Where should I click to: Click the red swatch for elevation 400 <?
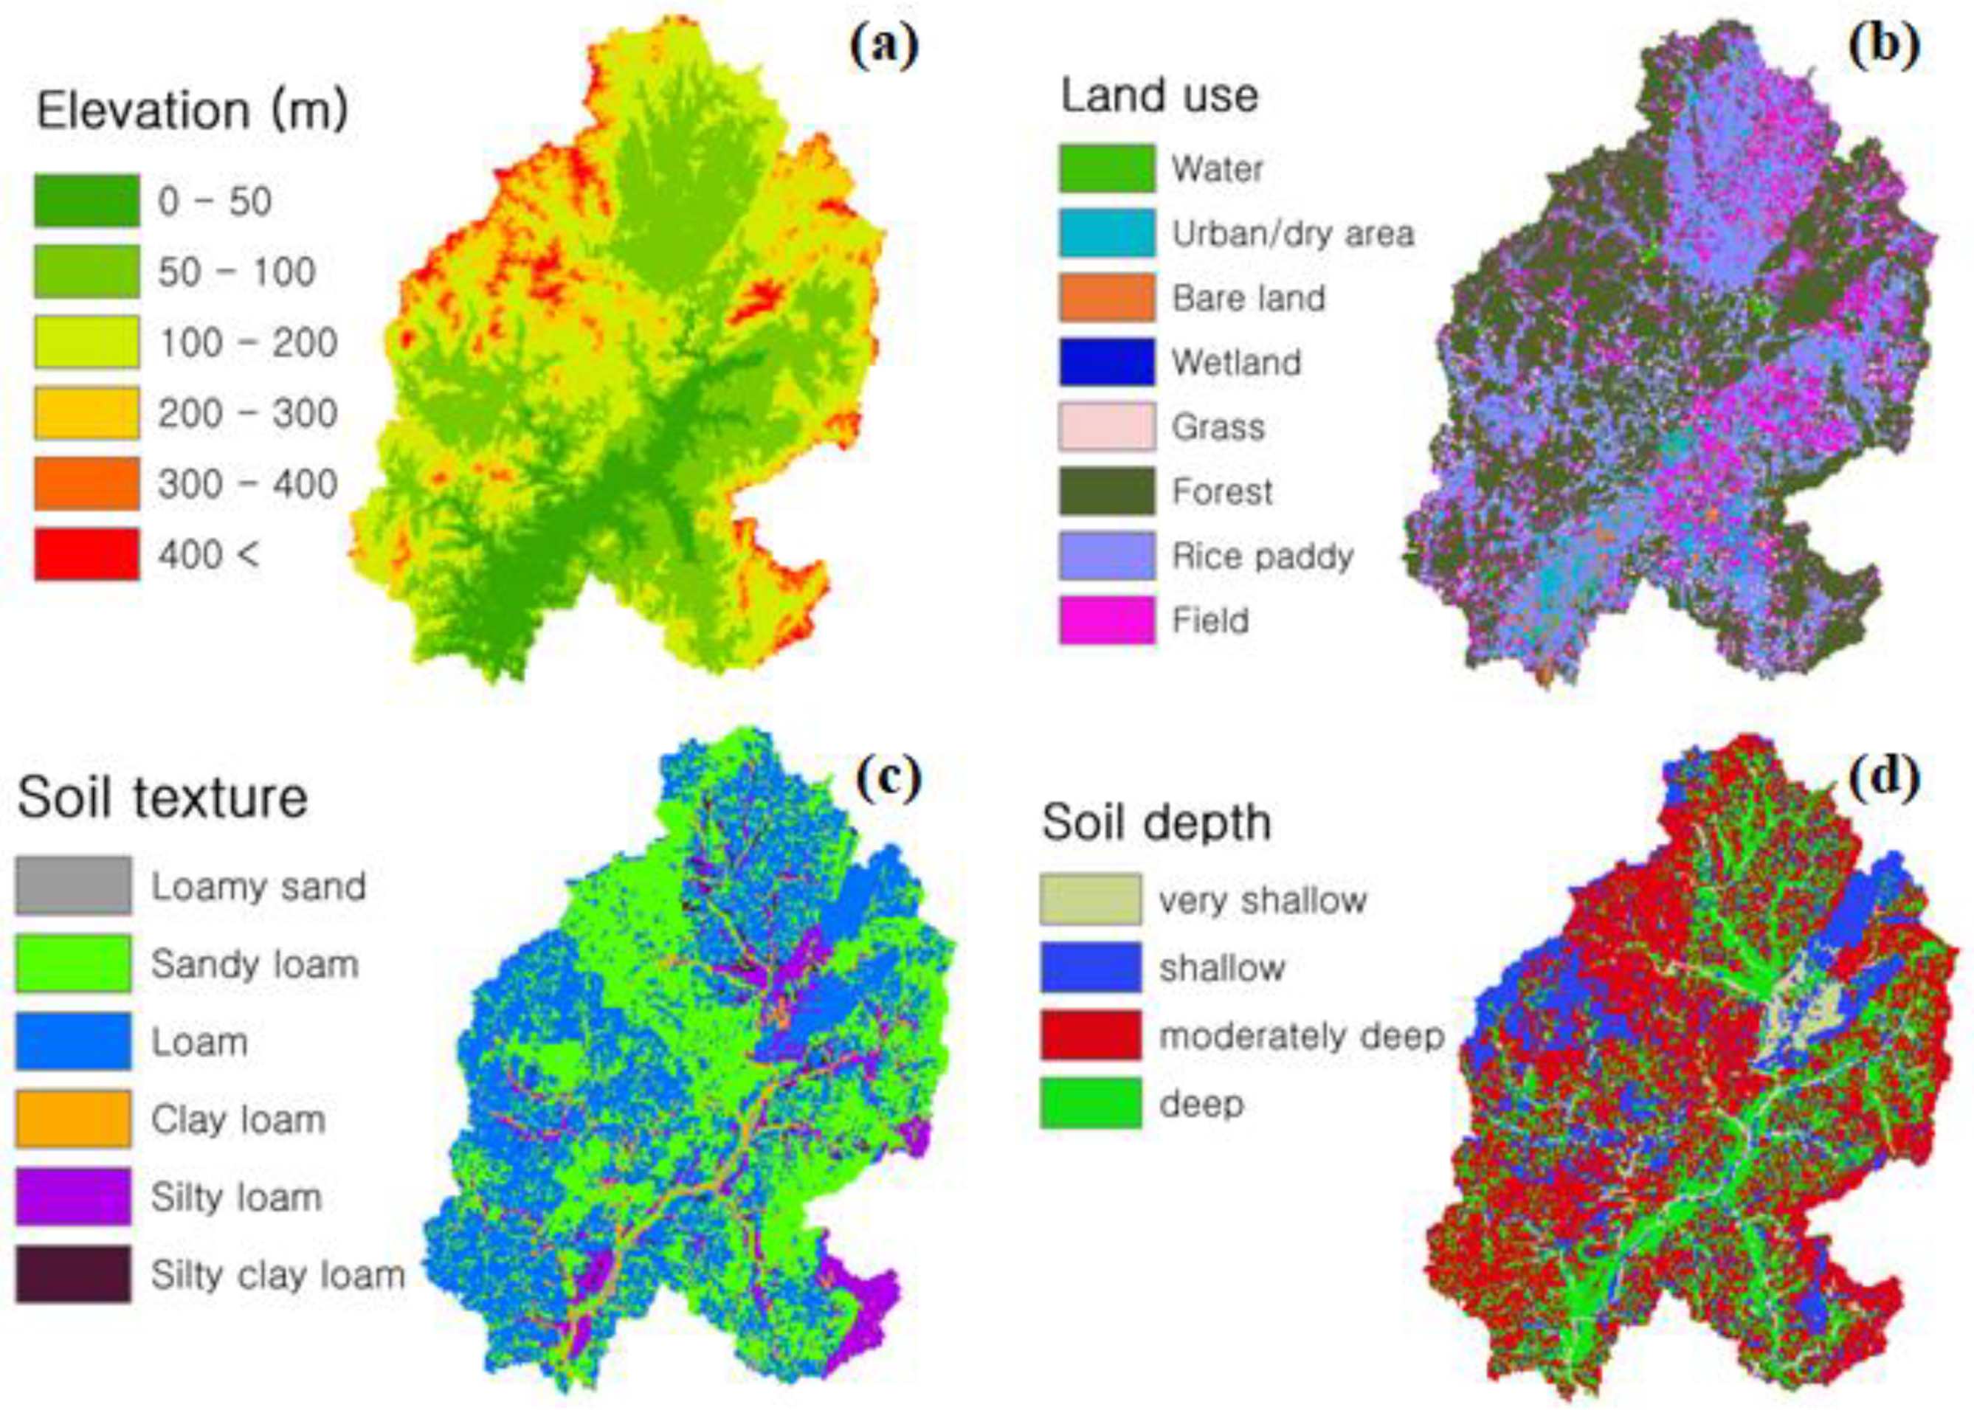86,554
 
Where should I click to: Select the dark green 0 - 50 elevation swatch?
86,201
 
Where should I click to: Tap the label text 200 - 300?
246,413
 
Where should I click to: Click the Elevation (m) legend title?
192,111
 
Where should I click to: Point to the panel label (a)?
883,47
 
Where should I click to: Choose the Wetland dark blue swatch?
1106,362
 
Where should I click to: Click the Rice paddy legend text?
1262,556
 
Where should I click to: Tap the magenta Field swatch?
1106,620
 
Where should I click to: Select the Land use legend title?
1159,95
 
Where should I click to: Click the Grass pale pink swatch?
1106,426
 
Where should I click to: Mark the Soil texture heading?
162,797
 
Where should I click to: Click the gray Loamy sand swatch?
74,885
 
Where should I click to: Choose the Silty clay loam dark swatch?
74,1274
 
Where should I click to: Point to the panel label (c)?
888,779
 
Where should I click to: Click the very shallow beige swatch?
1090,899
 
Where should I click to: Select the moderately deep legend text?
1301,1036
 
